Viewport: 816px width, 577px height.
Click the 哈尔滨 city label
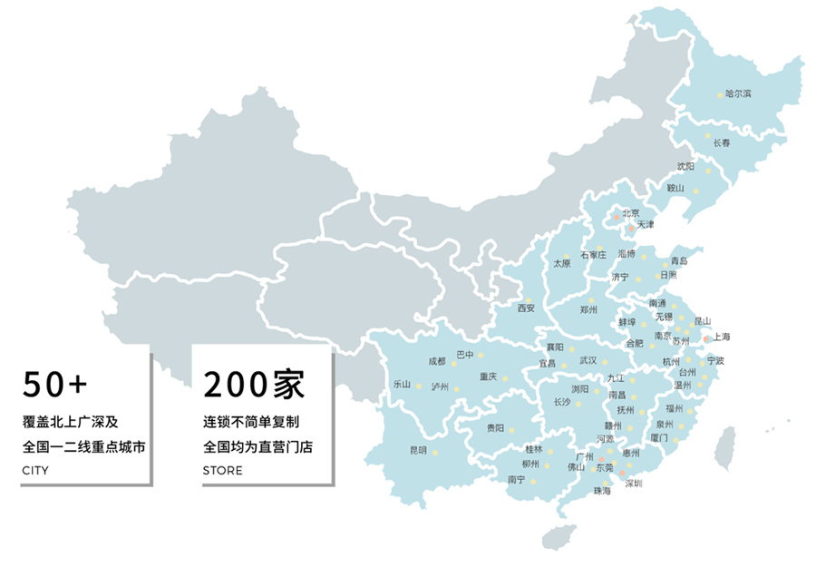(x=738, y=94)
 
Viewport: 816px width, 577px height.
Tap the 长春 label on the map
(x=722, y=143)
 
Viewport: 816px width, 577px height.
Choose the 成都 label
(x=437, y=361)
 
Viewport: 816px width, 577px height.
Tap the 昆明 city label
(x=418, y=450)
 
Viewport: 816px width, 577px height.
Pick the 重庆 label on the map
(x=489, y=377)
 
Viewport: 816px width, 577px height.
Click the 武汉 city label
(x=589, y=361)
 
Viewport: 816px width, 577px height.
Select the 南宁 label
(x=517, y=479)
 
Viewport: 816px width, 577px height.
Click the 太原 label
(x=562, y=264)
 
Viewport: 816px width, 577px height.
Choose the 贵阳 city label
(x=495, y=427)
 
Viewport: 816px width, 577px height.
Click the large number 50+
(x=55, y=385)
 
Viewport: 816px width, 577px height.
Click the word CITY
(x=35, y=471)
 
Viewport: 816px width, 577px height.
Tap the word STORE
(x=223, y=471)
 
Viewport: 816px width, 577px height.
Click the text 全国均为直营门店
(x=257, y=447)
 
